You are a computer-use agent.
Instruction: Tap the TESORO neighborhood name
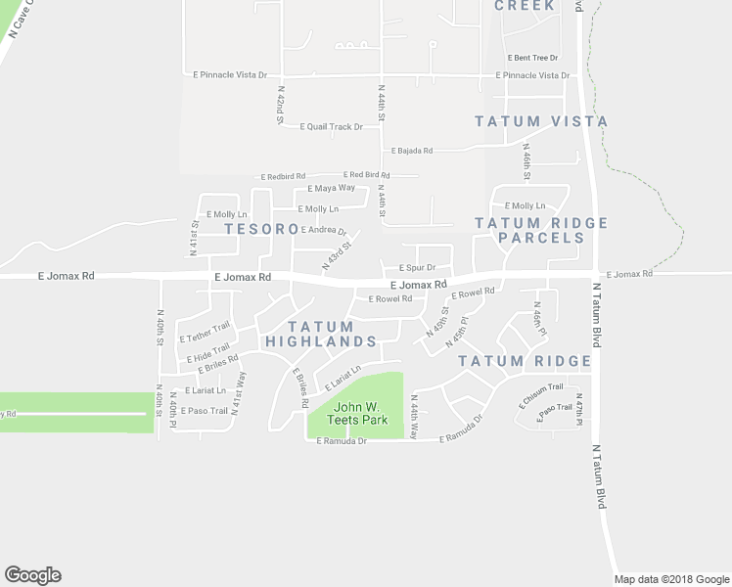(261, 229)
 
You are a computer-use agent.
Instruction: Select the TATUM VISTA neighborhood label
(541, 121)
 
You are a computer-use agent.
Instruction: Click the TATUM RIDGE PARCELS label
(541, 230)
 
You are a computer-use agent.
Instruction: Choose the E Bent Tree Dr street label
(533, 59)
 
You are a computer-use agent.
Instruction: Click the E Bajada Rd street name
(412, 151)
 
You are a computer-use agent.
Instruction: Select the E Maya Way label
(332, 188)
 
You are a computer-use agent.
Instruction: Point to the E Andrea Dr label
(325, 231)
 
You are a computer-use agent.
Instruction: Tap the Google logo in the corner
(32, 575)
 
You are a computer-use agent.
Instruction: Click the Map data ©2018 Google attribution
(670, 579)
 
